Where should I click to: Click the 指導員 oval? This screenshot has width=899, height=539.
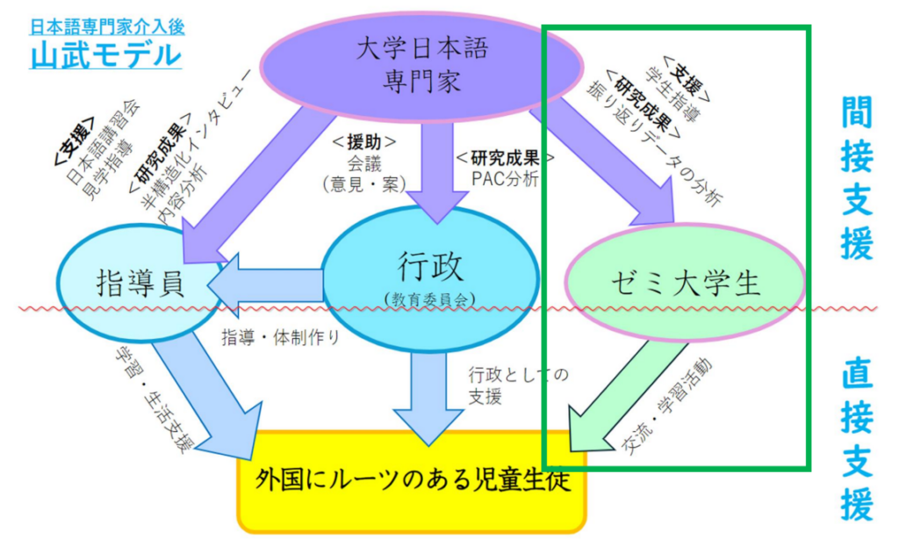pyautogui.click(x=140, y=284)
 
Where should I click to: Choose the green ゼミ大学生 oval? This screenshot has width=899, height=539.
pyautogui.click(x=685, y=284)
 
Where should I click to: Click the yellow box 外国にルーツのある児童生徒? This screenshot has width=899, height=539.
pyautogui.click(x=413, y=480)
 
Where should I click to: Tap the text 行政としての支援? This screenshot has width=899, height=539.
pyautogui.click(x=518, y=384)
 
